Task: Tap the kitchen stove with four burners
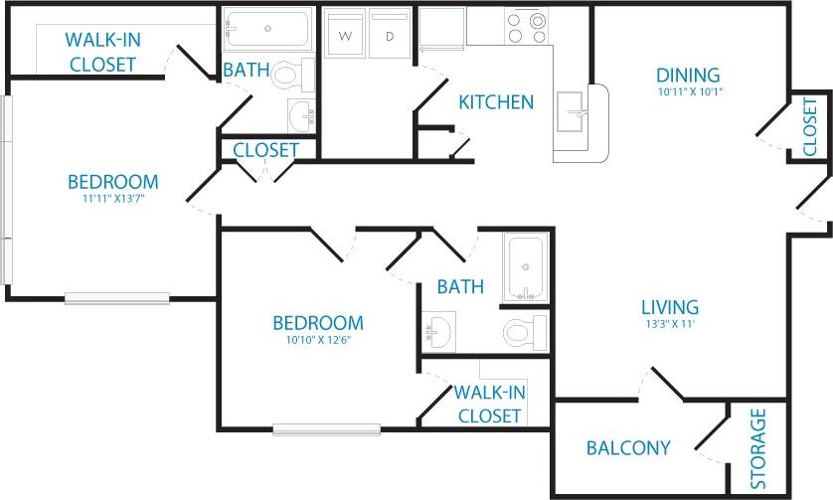[x=526, y=27]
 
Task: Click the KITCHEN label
[x=496, y=101]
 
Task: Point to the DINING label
[x=688, y=76]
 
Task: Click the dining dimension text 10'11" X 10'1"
[x=689, y=92]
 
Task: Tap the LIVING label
[x=669, y=307]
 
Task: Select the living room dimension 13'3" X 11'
[x=669, y=324]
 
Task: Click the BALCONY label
[x=627, y=447]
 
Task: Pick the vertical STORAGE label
[x=759, y=448]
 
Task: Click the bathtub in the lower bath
[x=523, y=268]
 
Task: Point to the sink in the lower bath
[x=438, y=327]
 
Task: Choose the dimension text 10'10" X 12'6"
[x=318, y=340]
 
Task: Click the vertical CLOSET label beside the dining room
[x=809, y=126]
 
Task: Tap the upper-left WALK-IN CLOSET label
[x=100, y=52]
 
